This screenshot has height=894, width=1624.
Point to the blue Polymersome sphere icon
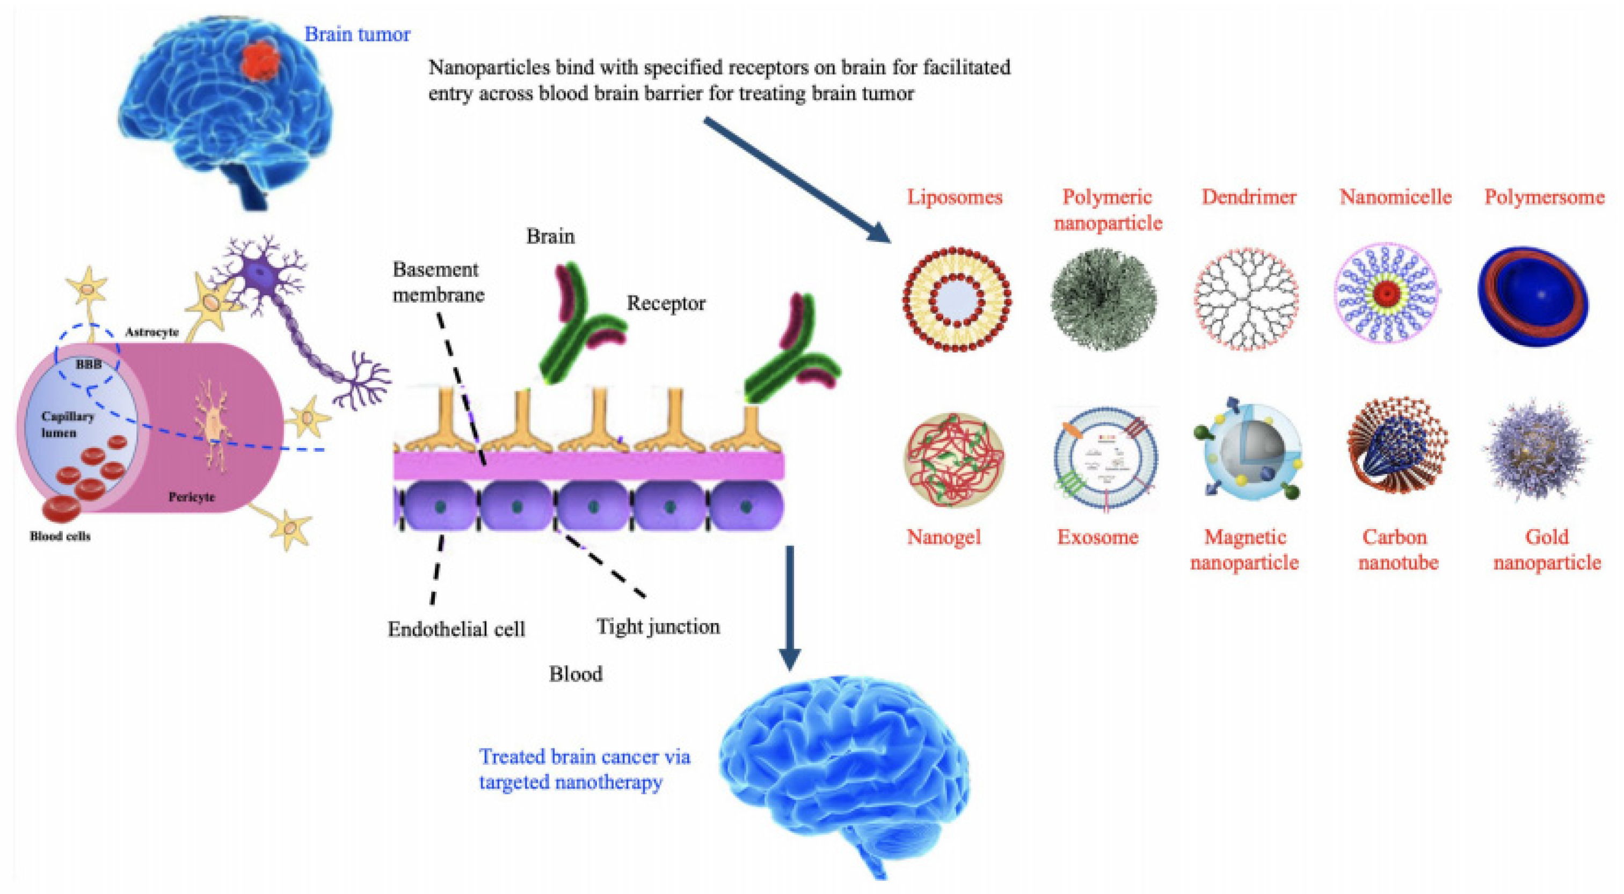[1533, 296]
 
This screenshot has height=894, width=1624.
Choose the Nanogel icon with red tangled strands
[954, 459]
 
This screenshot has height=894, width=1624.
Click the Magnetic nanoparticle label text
[1244, 549]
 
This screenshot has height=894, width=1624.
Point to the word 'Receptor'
[666, 304]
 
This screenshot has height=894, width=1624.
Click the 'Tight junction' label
[658, 627]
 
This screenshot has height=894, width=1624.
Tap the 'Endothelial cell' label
[456, 629]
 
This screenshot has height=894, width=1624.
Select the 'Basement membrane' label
[438, 282]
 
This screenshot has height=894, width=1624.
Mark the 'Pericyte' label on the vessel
[192, 497]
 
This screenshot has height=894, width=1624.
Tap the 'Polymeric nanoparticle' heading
[1108, 210]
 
